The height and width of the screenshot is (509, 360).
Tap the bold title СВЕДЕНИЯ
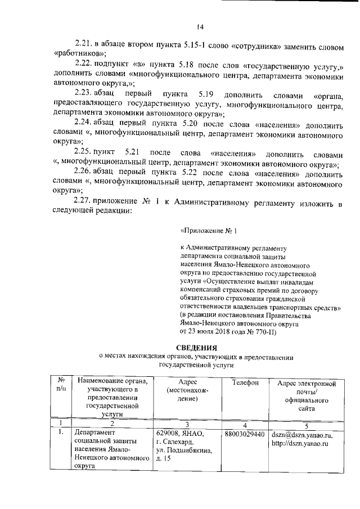click(196, 347)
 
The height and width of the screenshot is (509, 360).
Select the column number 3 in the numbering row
click(186, 424)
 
